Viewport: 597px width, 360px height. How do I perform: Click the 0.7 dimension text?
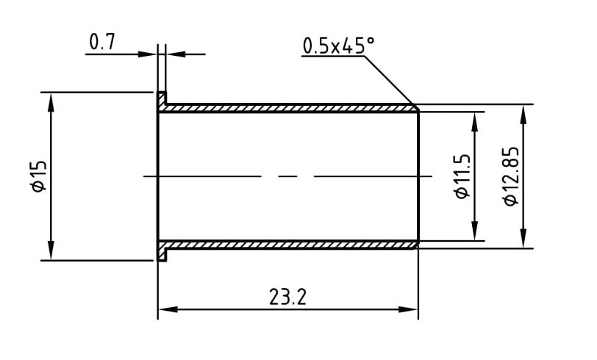(102, 43)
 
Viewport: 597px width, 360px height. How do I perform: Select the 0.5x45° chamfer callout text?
(338, 46)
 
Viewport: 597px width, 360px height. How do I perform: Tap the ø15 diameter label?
(39, 176)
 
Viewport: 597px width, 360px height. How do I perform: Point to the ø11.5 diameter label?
(462, 176)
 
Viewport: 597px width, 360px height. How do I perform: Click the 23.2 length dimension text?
(287, 298)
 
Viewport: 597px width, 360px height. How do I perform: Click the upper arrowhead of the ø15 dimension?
(51, 99)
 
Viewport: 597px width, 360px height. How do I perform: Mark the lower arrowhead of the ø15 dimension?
(51, 253)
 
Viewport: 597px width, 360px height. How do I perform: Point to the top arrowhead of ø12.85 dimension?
(523, 111)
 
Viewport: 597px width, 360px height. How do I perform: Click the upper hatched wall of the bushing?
(287, 108)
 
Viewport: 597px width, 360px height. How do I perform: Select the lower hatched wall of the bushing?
(287, 244)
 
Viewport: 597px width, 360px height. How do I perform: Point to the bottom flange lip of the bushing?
(162, 254)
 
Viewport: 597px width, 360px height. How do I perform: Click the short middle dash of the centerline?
(287, 176)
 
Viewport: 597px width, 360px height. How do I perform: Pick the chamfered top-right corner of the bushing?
(415, 107)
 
